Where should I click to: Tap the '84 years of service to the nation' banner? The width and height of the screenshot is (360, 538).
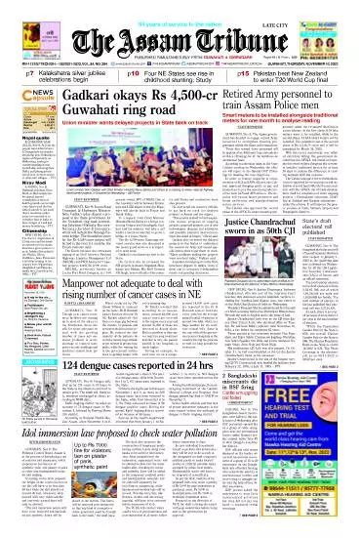[x=179, y=7]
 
